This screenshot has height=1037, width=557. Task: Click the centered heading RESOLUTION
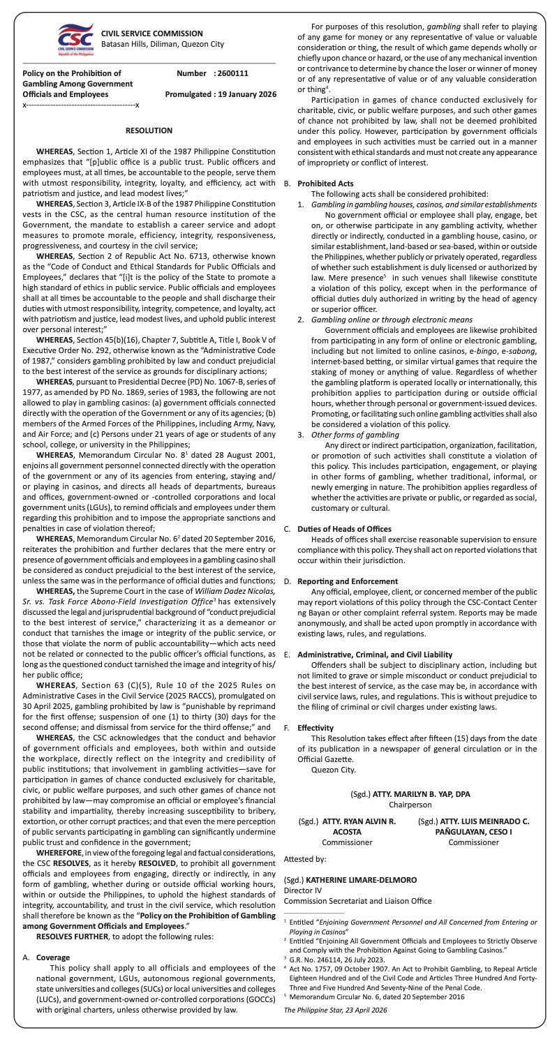click(149, 130)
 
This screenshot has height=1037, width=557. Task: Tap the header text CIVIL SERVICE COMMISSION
click(152, 33)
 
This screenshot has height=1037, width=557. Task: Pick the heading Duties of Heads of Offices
click(344, 529)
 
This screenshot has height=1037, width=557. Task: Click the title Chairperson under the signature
click(410, 805)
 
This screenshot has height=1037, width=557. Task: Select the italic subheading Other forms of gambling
click(355, 435)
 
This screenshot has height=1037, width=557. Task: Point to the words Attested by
click(305, 859)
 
